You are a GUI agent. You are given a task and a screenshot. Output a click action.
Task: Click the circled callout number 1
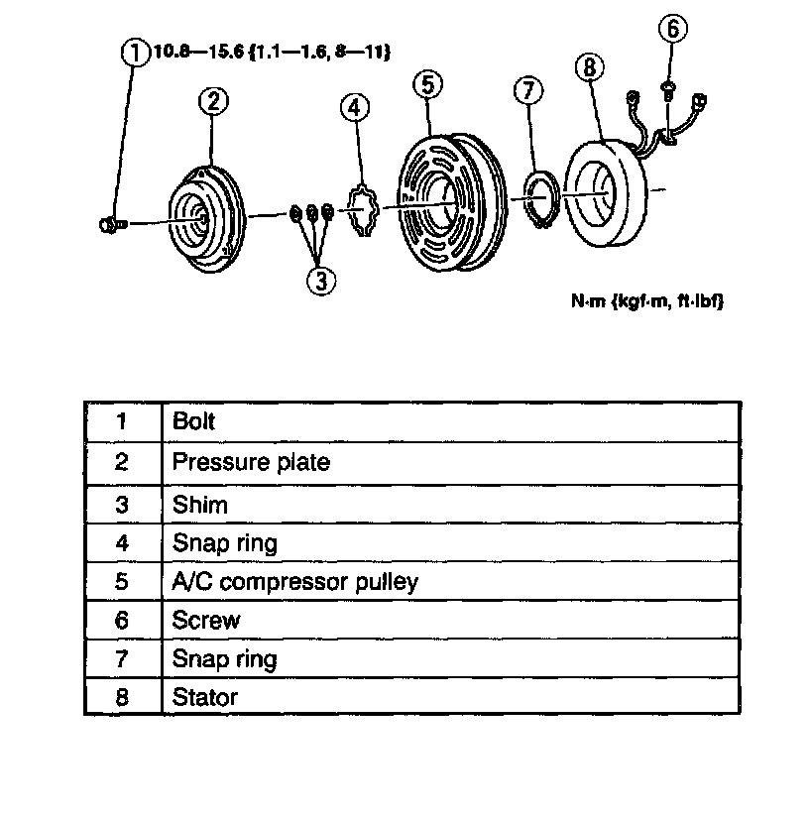(x=134, y=51)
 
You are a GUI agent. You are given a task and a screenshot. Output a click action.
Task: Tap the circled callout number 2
(x=213, y=100)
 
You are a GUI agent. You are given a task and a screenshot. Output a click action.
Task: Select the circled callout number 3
(x=320, y=281)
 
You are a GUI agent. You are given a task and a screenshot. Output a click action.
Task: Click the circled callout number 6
(x=671, y=29)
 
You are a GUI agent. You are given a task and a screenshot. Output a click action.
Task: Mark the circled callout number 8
(x=590, y=67)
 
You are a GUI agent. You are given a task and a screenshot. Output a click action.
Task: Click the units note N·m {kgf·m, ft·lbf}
(x=640, y=299)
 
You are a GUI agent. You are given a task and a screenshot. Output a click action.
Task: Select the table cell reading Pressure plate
(x=251, y=462)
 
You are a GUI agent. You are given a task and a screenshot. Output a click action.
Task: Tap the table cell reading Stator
(x=205, y=696)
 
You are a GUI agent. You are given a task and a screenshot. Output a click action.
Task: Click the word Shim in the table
(x=200, y=504)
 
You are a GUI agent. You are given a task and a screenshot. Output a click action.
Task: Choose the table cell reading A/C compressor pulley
(x=294, y=581)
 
